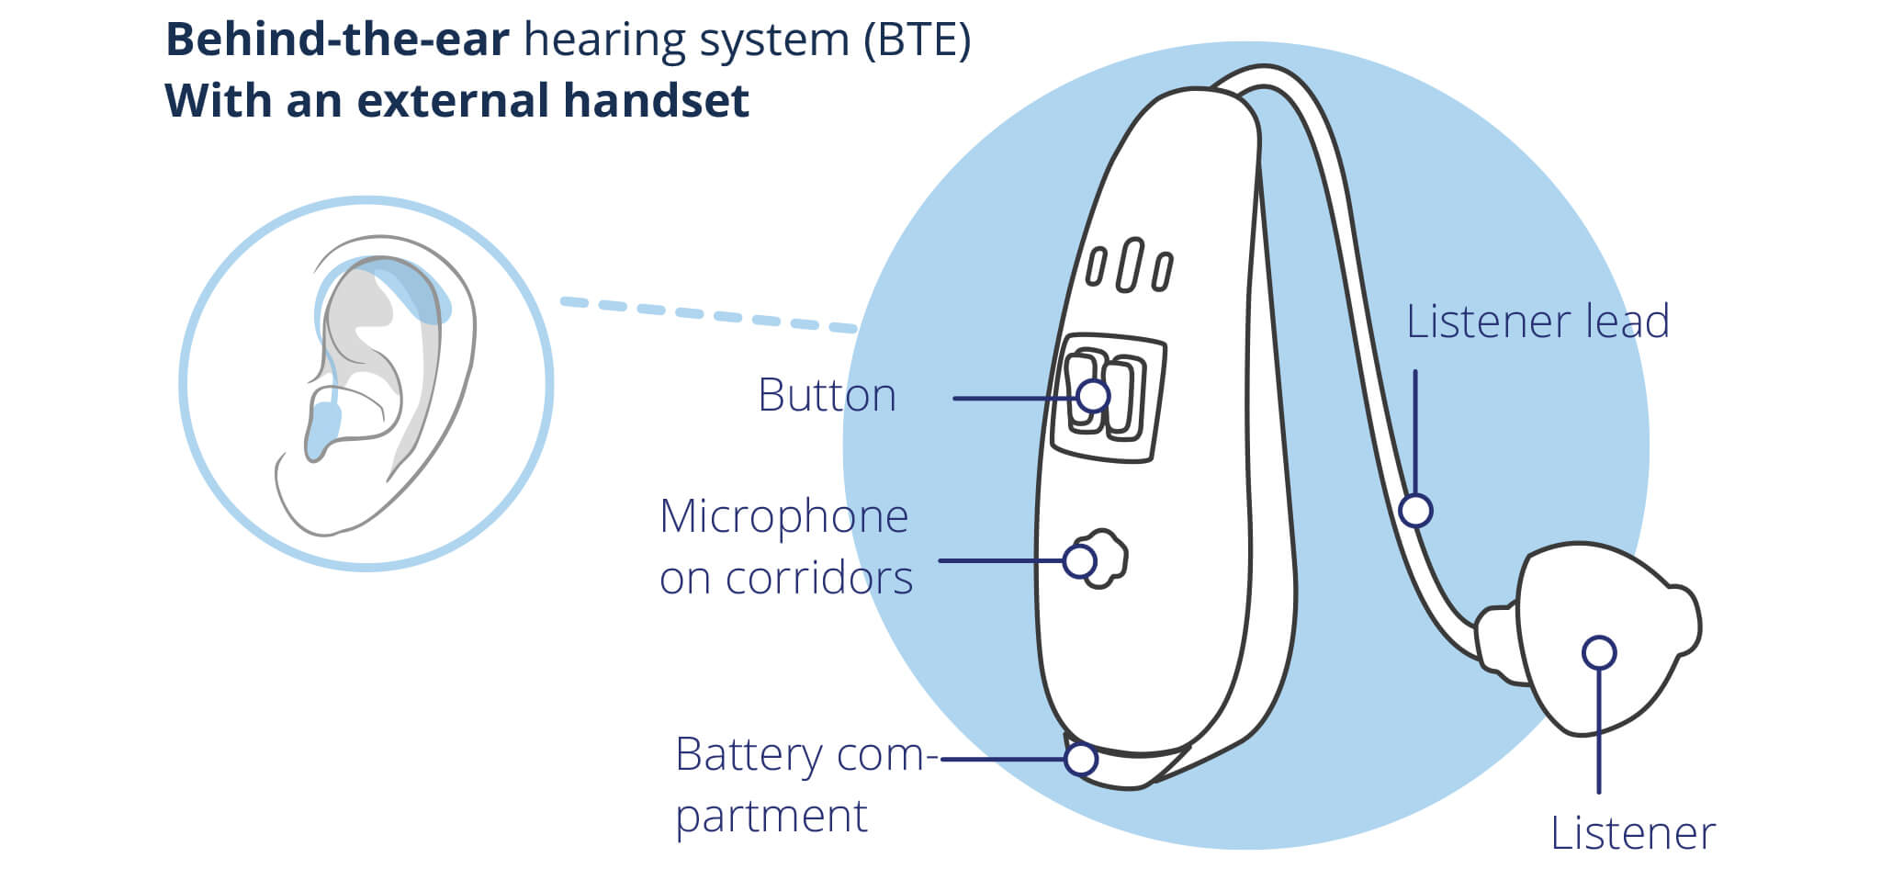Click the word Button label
[827, 396]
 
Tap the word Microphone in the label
[784, 516]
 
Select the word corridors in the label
[819, 579]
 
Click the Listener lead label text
[1537, 322]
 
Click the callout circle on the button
[1093, 396]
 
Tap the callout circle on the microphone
[1079, 560]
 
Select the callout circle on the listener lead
[1415, 510]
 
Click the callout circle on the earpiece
[1599, 653]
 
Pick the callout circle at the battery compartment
[1081, 759]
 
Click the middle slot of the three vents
[1129, 265]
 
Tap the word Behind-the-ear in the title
[337, 40]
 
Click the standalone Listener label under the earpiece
[1633, 834]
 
